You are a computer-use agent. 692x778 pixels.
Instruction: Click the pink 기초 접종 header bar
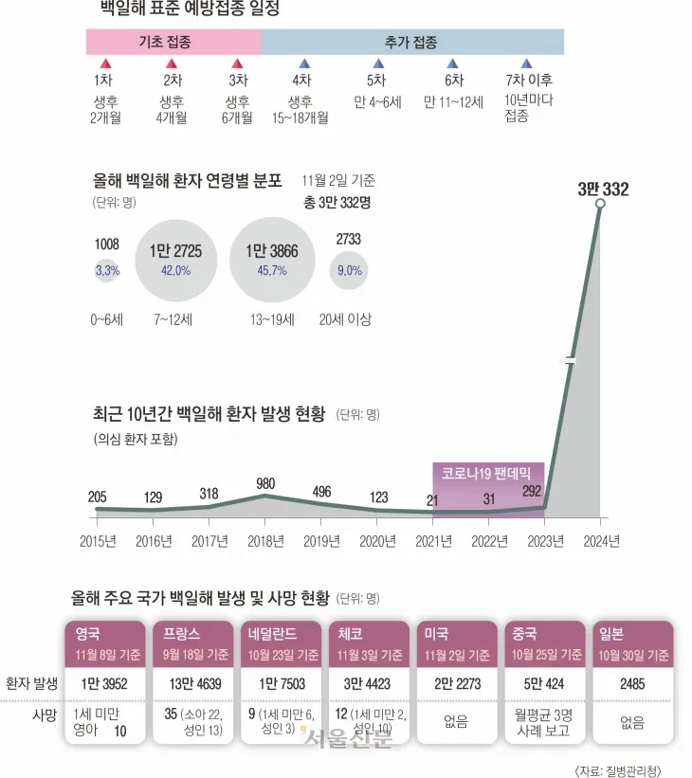click(x=173, y=43)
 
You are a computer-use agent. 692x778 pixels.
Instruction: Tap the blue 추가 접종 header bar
click(x=412, y=43)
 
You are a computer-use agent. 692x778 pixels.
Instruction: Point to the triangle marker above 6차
click(x=454, y=63)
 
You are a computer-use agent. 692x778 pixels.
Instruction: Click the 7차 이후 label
click(x=529, y=81)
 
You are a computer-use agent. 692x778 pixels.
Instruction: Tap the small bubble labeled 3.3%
click(x=107, y=271)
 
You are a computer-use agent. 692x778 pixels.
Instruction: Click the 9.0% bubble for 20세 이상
click(x=348, y=271)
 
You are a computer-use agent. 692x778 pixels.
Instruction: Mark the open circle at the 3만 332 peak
click(x=600, y=203)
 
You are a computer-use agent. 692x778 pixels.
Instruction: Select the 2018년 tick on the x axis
click(x=264, y=543)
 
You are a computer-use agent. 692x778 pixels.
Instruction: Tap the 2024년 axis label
click(x=600, y=543)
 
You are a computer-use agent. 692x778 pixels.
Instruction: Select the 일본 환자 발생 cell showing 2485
click(x=632, y=682)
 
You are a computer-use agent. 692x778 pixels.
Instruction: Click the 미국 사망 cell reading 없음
click(x=456, y=722)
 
